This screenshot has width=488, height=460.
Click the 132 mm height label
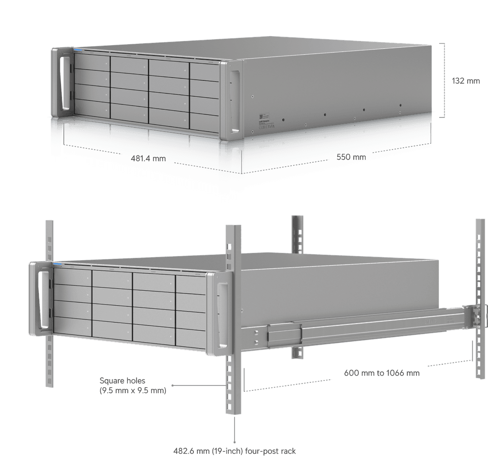[x=465, y=81]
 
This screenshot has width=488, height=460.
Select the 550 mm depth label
[x=351, y=157]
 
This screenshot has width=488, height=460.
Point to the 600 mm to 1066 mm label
[x=381, y=373]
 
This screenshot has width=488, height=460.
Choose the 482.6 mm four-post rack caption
[x=235, y=451]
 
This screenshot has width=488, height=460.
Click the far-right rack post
[x=480, y=271]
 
